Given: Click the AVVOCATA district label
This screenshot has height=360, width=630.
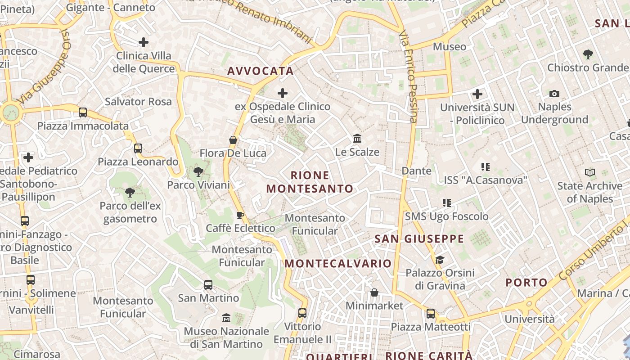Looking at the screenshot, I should [x=260, y=71].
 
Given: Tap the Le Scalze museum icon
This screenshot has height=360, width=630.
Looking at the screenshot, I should [x=357, y=138].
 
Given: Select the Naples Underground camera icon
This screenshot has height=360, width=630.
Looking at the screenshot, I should [x=554, y=94].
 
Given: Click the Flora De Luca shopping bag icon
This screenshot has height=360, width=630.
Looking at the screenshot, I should [x=233, y=140].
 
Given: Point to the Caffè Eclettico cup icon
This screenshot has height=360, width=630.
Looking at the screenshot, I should [x=240, y=215].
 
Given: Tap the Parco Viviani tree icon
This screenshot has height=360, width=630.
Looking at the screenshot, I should [x=198, y=171].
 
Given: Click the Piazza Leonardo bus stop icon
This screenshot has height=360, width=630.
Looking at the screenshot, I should [x=138, y=148].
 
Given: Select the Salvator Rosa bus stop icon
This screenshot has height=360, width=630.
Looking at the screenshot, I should [x=83, y=112].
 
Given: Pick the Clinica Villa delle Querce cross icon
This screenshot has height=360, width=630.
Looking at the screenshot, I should [x=143, y=42].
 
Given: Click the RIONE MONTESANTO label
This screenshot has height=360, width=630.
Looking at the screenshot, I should [x=310, y=182].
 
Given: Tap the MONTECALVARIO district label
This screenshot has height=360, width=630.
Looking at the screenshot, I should [x=338, y=263].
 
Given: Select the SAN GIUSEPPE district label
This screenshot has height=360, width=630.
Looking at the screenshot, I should [x=419, y=239].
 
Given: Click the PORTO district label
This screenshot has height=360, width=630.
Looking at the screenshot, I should [x=526, y=283].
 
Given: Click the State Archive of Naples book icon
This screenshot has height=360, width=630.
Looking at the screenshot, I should [x=589, y=172].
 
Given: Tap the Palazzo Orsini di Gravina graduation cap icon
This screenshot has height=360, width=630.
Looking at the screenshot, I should [x=440, y=260].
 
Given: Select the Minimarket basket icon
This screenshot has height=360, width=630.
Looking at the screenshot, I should [x=374, y=293].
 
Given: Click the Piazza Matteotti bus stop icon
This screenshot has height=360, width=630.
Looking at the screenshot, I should [x=431, y=314].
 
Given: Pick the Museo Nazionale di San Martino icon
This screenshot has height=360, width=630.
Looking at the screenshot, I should [x=226, y=318].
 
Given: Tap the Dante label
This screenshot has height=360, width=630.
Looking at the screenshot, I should [x=416, y=171].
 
